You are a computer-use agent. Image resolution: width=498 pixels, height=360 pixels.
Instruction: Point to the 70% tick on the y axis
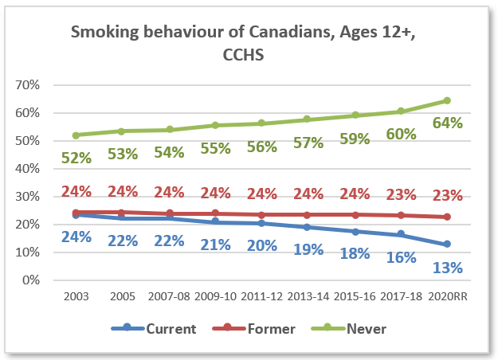click(40, 85)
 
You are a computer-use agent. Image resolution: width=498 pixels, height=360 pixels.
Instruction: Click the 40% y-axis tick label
click(40, 169)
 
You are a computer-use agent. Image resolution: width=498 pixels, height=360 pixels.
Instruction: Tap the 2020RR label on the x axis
click(447, 296)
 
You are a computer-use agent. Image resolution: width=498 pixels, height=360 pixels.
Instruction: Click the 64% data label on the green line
click(447, 123)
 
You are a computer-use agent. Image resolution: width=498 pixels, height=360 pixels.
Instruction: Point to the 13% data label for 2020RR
click(447, 268)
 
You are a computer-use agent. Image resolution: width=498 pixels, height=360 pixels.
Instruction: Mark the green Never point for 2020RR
click(447, 100)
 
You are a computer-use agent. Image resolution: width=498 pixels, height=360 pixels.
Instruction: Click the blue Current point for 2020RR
click(447, 244)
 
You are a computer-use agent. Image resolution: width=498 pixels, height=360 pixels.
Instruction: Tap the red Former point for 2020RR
click(447, 217)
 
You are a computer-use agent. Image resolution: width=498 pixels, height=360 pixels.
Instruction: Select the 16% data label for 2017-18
click(401, 257)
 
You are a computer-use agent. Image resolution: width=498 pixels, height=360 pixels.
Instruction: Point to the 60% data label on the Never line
click(401, 134)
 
